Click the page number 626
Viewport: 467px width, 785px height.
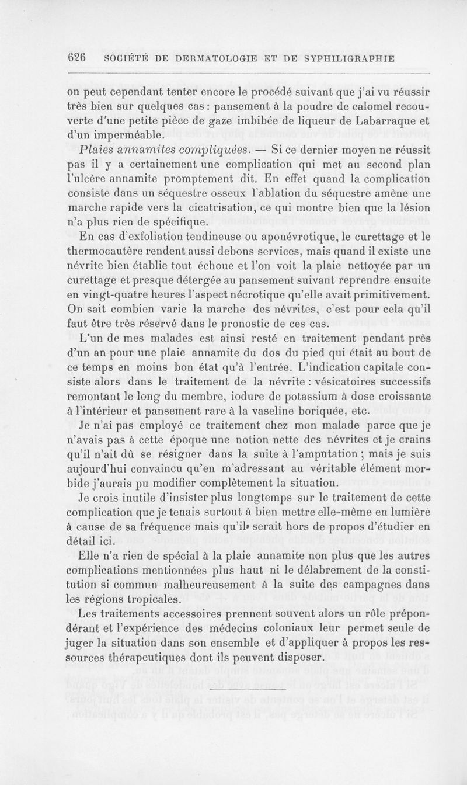77,58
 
